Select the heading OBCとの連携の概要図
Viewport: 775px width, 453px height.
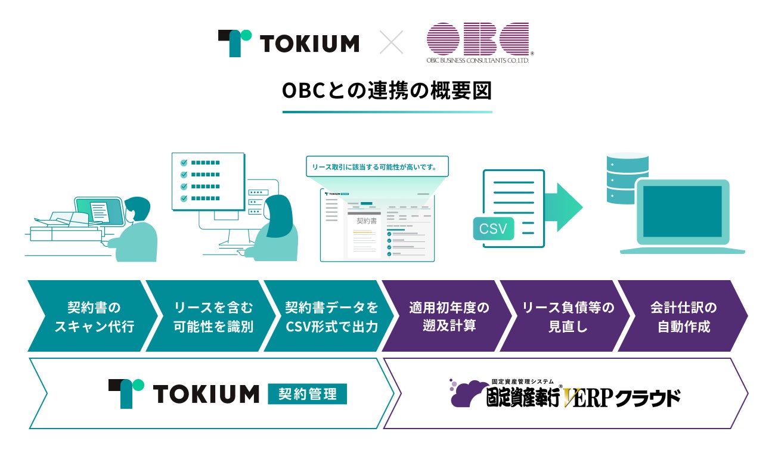click(387, 91)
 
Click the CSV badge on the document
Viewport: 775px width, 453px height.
click(493, 228)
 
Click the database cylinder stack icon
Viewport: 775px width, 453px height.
click(627, 178)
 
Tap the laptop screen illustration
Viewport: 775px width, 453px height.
click(682, 212)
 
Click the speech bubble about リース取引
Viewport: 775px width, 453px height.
click(377, 167)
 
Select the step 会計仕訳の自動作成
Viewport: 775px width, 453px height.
click(683, 317)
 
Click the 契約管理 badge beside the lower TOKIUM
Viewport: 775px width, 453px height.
click(308, 393)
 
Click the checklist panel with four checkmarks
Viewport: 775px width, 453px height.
click(207, 181)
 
